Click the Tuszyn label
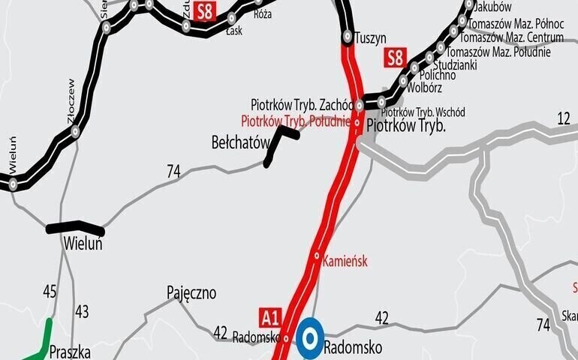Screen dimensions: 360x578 coord(370,37)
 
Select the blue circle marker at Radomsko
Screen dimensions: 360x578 coord(310,339)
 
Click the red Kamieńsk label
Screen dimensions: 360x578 coord(345,261)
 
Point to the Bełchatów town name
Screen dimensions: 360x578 coord(239,141)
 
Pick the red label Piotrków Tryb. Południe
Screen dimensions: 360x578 coord(295,121)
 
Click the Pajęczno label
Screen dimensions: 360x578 coord(191,292)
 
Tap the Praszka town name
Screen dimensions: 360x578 coord(70,351)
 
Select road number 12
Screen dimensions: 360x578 coord(564,118)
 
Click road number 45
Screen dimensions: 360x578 coord(50,291)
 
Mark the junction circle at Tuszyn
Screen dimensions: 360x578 coord(348,36)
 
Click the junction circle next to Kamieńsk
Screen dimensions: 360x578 coord(318,255)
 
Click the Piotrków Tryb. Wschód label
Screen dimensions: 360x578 coord(423,112)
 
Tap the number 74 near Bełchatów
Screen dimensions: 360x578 coord(173,172)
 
